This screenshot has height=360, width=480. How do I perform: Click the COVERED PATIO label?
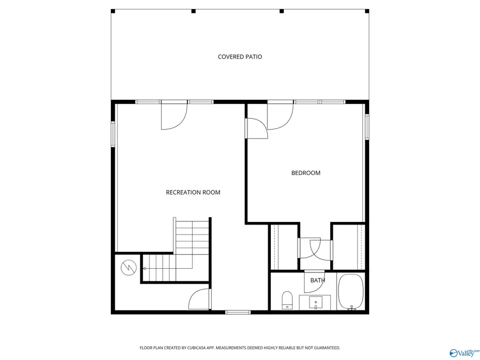click(239, 57)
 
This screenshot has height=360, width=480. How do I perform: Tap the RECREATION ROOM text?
click(193, 193)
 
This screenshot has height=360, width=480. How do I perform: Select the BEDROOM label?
click(306, 173)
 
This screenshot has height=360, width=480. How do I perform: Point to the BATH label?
click(317, 281)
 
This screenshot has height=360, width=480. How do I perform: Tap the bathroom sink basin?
click(316, 303)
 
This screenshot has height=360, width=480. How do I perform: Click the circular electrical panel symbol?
click(129, 268)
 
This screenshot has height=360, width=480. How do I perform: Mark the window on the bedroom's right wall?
click(367, 127)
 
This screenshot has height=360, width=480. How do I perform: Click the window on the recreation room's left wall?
click(113, 133)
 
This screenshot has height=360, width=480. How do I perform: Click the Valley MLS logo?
click(464, 353)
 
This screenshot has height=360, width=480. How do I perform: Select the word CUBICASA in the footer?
click(195, 348)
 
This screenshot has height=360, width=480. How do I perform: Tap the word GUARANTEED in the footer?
click(326, 348)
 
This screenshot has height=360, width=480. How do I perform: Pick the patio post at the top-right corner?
click(366, 11)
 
